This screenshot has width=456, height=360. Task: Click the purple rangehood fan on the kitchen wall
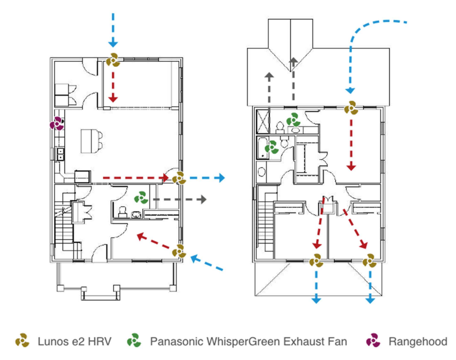pos(57,124)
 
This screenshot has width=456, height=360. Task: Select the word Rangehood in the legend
pos(417,341)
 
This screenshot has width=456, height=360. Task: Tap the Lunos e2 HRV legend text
pos(75,341)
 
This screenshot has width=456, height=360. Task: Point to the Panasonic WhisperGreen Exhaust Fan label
pos(248,341)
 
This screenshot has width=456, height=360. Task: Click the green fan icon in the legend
pos(134,340)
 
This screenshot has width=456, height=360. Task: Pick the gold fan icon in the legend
pos(22,340)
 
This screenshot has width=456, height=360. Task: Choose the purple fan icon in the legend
pos(373,340)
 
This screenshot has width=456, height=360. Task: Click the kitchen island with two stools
pos(91,141)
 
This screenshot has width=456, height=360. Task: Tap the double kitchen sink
pos(60,154)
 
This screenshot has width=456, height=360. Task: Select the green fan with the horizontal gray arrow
pos(141,198)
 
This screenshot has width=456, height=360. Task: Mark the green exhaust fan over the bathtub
pos(272,147)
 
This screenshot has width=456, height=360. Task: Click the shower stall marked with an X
pos(263,121)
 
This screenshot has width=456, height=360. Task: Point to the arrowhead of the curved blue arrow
pos(350,90)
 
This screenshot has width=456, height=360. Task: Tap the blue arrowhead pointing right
pos(222,178)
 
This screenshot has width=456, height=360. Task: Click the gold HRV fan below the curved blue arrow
pos(351,108)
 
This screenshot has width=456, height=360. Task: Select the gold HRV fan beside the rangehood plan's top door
pos(113,60)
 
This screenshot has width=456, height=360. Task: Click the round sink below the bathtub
pos(262,172)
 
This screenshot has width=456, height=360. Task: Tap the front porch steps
pos(100,294)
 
